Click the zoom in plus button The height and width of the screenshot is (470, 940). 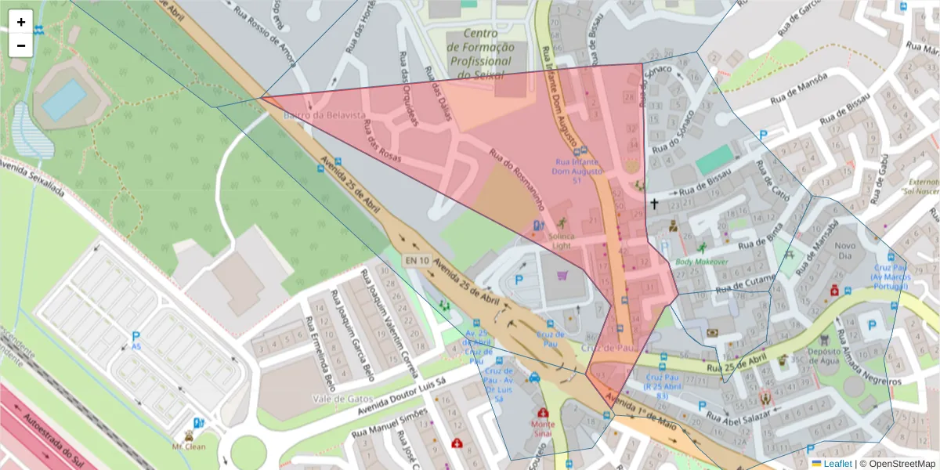pyautogui.click(x=21, y=22)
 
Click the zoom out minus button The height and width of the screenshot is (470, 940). pyautogui.click(x=21, y=45)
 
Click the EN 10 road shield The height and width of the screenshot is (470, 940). pyautogui.click(x=417, y=260)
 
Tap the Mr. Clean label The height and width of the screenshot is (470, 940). pyautogui.click(x=188, y=446)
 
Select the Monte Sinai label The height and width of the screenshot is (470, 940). pyautogui.click(x=543, y=428)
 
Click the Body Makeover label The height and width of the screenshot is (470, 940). pyautogui.click(x=701, y=262)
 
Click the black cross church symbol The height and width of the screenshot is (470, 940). pyautogui.click(x=654, y=204)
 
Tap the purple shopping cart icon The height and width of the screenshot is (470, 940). pyautogui.click(x=562, y=275)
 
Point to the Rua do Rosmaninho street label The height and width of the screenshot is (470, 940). pyautogui.click(x=516, y=180)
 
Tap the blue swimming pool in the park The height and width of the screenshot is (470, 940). pyautogui.click(x=64, y=100)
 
